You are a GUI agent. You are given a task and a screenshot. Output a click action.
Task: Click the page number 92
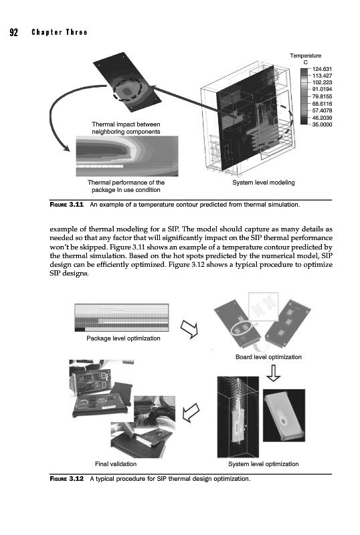(13, 32)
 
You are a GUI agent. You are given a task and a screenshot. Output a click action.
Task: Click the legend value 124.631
(322, 70)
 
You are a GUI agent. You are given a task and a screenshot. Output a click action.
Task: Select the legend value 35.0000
(322, 124)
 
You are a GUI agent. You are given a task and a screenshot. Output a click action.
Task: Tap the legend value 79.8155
(322, 96)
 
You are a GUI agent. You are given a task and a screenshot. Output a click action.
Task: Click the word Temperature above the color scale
(305, 56)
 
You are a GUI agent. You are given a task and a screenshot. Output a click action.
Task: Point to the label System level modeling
(264, 183)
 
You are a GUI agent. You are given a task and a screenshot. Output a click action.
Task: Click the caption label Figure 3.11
(67, 205)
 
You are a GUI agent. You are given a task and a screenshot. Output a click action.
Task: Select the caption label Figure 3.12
(67, 479)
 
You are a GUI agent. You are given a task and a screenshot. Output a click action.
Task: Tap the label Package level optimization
(123, 338)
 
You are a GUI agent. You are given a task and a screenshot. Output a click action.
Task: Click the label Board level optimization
(268, 357)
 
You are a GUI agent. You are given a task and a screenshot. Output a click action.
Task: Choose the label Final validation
(116, 464)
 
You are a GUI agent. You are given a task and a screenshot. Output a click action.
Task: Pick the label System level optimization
(264, 464)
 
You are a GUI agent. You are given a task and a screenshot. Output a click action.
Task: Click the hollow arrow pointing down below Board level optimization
(273, 373)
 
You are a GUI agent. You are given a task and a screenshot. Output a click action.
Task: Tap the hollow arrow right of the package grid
(189, 329)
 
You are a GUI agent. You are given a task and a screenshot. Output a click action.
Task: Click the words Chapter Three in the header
(60, 32)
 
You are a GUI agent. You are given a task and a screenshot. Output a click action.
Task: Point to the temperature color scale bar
(304, 96)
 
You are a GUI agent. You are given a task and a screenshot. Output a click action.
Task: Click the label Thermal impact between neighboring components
(126, 128)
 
